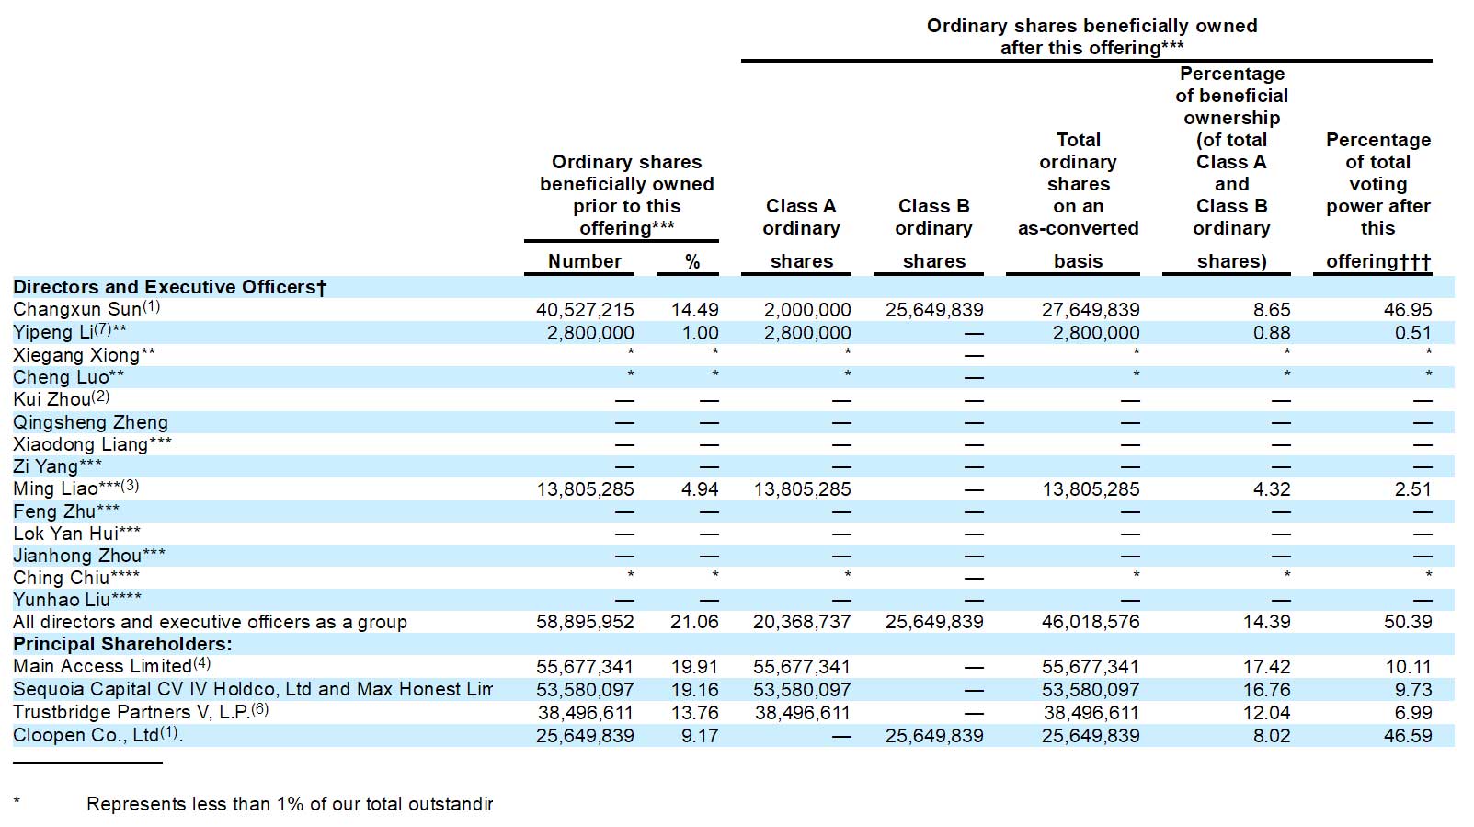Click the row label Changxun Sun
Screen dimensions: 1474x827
77,309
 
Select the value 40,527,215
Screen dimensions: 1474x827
585,310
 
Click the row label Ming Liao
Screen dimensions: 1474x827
56,489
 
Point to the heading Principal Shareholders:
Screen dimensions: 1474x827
122,644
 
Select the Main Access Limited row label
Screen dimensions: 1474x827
103,666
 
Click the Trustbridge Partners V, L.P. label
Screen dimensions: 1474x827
131,712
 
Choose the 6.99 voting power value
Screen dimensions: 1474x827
1412,713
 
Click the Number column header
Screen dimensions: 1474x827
584,261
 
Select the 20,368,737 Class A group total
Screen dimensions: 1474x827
802,622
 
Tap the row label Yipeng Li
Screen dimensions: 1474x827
53,332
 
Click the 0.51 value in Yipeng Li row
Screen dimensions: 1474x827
1412,333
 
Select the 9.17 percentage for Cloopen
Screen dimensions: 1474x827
700,736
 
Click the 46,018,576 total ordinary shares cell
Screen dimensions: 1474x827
1091,622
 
